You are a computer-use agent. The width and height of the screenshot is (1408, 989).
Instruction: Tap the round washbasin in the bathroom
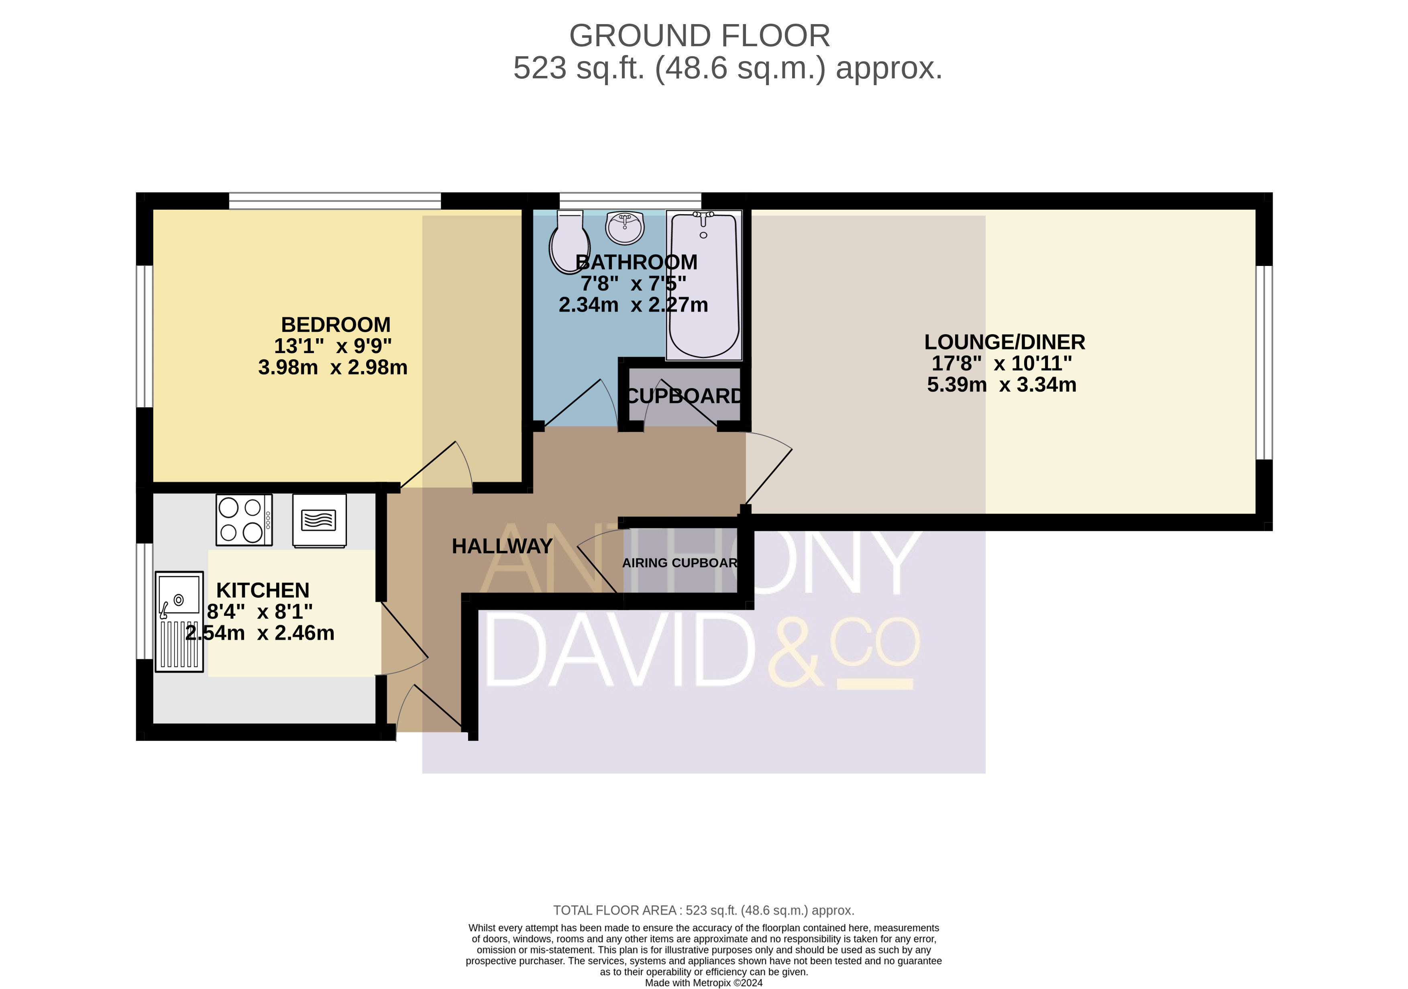(x=625, y=228)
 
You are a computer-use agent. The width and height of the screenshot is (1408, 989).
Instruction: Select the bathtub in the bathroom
(x=704, y=285)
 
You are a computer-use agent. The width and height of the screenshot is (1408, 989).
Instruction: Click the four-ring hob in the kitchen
(x=244, y=520)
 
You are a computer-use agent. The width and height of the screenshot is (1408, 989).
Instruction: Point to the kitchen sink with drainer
(x=179, y=621)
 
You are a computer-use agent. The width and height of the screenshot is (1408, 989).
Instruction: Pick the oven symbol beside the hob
(x=320, y=520)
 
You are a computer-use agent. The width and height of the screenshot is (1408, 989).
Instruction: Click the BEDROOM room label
(x=336, y=325)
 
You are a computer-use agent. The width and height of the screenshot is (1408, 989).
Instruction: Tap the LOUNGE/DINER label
(x=1005, y=342)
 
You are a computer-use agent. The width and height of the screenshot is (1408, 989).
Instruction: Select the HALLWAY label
(x=502, y=546)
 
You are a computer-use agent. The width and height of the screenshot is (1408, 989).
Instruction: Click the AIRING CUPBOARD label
(x=679, y=563)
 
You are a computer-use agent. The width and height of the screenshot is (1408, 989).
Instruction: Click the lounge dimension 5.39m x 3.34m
(x=1001, y=385)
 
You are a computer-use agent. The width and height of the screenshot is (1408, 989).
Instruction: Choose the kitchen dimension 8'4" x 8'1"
(x=260, y=612)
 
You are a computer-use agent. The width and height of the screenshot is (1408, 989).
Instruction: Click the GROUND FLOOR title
(x=700, y=36)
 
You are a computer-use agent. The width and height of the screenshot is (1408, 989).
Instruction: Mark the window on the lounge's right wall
(x=1264, y=363)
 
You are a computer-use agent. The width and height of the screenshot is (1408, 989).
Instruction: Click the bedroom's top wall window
(x=335, y=200)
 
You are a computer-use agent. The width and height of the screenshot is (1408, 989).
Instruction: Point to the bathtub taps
(x=703, y=216)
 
